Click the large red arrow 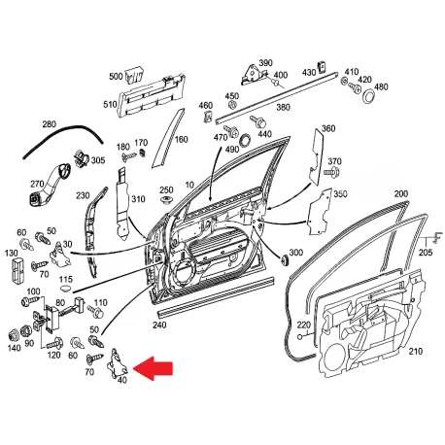pyautogui.click(x=154, y=368)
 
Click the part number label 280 pyautogui.click(x=49, y=124)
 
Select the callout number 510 pyautogui.click(x=110, y=105)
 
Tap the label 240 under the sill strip pyautogui.click(x=159, y=325)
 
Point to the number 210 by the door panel pyautogui.click(x=416, y=351)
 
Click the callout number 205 pyautogui.click(x=426, y=252)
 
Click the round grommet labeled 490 pyautogui.click(x=245, y=140)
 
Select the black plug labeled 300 pyautogui.click(x=285, y=260)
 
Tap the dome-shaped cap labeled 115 pyautogui.click(x=66, y=288)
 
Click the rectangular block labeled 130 pyautogui.click(x=17, y=269)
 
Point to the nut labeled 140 pyautogui.click(x=14, y=335)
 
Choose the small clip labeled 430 pyautogui.click(x=322, y=66)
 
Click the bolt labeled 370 pyautogui.click(x=331, y=172)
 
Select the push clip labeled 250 pyautogui.click(x=166, y=200)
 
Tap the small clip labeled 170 pyautogui.click(x=143, y=152)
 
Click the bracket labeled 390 pyautogui.click(x=254, y=75)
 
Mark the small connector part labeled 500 pyautogui.click(x=134, y=75)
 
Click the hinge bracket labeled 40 pyautogui.click(x=117, y=363)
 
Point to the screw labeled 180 pyautogui.click(x=129, y=157)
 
